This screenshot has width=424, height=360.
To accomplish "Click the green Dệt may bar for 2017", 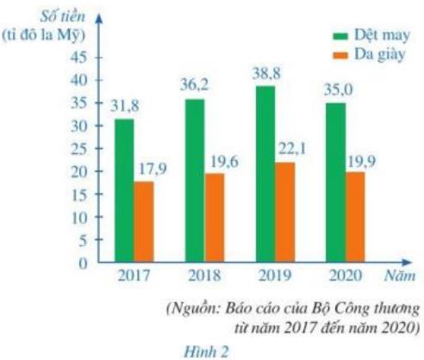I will (124, 190).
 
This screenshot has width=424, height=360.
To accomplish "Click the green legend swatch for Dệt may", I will (340, 35).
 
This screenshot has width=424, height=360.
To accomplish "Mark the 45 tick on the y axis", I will (78, 57).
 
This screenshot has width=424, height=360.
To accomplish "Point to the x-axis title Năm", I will (401, 277).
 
